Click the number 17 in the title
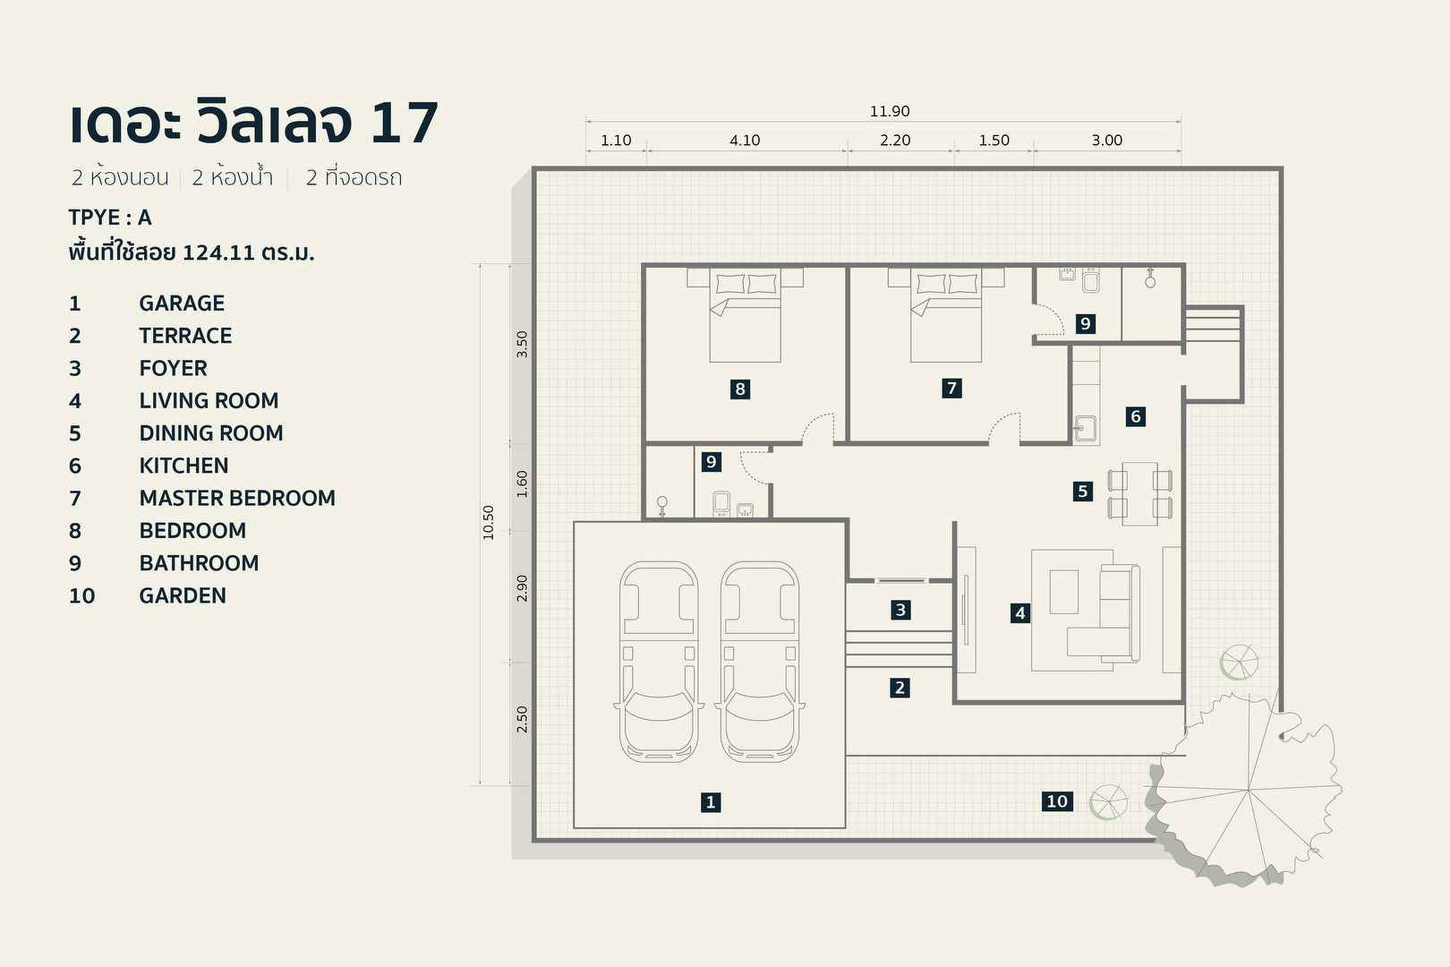[x=404, y=123]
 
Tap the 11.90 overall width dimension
[x=889, y=111]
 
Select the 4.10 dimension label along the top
[x=744, y=140]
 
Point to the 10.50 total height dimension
[x=488, y=522]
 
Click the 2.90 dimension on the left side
[x=522, y=587]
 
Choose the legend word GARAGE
[x=182, y=303]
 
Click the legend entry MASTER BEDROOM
[x=237, y=498]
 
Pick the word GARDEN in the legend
[x=183, y=595]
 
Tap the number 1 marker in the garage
[x=711, y=802]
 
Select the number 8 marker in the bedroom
[x=739, y=389]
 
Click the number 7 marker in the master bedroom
[x=951, y=388]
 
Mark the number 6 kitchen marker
[x=1135, y=416]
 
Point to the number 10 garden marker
[x=1057, y=801]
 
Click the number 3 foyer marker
[x=900, y=610]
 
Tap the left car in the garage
[x=659, y=663]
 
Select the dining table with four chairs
[x=1139, y=493]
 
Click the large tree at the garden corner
[x=1249, y=788]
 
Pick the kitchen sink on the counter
[x=1085, y=429]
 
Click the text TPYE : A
[x=110, y=218]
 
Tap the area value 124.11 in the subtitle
[x=218, y=252]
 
